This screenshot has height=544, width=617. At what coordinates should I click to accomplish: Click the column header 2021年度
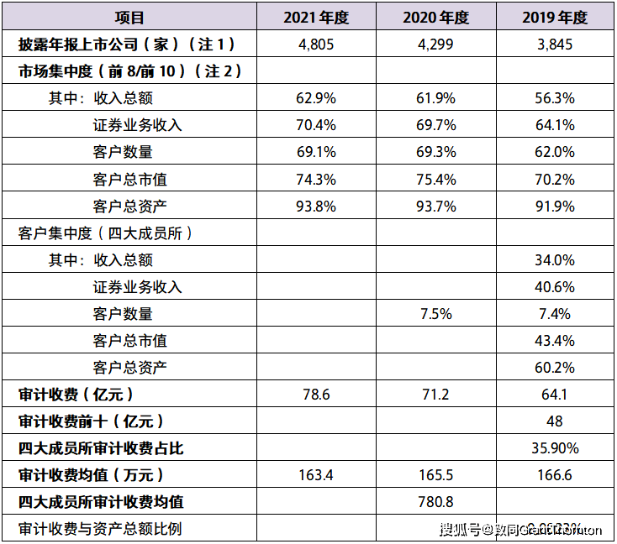pyautogui.click(x=316, y=18)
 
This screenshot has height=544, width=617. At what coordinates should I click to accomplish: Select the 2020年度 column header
pyautogui.click(x=435, y=18)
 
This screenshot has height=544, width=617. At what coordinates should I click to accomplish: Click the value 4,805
pyautogui.click(x=316, y=44)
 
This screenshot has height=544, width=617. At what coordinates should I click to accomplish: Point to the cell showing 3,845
pyautogui.click(x=554, y=44)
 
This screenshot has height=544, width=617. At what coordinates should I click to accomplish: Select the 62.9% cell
pyautogui.click(x=316, y=98)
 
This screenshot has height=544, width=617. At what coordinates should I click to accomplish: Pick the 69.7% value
pyautogui.click(x=435, y=125)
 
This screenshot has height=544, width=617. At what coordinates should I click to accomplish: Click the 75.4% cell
pyautogui.click(x=435, y=179)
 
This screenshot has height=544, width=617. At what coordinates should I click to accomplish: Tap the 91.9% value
pyautogui.click(x=554, y=206)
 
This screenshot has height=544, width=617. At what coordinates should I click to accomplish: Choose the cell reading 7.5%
pyautogui.click(x=435, y=314)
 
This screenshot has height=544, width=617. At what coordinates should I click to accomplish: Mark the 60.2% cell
pyautogui.click(x=554, y=368)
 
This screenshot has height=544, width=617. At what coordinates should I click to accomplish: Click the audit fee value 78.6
pyautogui.click(x=316, y=395)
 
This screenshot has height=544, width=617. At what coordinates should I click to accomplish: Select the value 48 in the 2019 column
pyautogui.click(x=554, y=421)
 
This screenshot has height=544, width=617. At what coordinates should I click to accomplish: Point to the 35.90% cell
pyautogui.click(x=554, y=448)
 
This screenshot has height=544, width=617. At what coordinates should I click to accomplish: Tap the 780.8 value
pyautogui.click(x=435, y=502)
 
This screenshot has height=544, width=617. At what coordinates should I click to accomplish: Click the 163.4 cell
pyautogui.click(x=316, y=475)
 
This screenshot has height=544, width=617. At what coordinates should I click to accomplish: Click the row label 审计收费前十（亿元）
pyautogui.click(x=91, y=421)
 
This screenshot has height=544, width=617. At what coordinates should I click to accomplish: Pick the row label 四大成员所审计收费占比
pyautogui.click(x=101, y=448)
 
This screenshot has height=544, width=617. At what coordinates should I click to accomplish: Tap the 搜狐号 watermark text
pyautogui.click(x=461, y=530)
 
